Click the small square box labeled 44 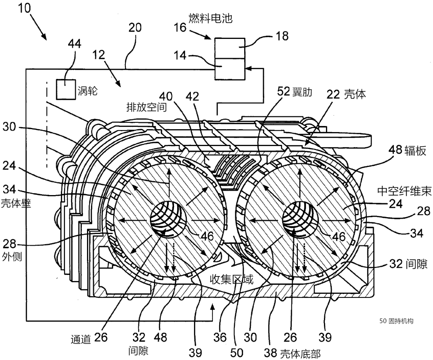click(66, 89)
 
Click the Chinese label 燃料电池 click(210, 18)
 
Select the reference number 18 click(282, 36)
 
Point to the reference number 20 click(135, 28)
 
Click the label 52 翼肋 click(294, 92)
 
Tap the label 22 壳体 click(346, 94)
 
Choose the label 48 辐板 click(407, 150)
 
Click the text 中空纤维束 click(404, 191)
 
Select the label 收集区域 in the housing click(231, 279)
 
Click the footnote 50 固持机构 click(396, 321)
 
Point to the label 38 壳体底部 click(292, 353)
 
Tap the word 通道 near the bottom click(81, 339)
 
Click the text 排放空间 click(147, 107)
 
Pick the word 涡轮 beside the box click(88, 91)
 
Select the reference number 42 click(192, 96)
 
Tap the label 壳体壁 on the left click(16, 203)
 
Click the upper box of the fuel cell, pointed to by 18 click(230, 48)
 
